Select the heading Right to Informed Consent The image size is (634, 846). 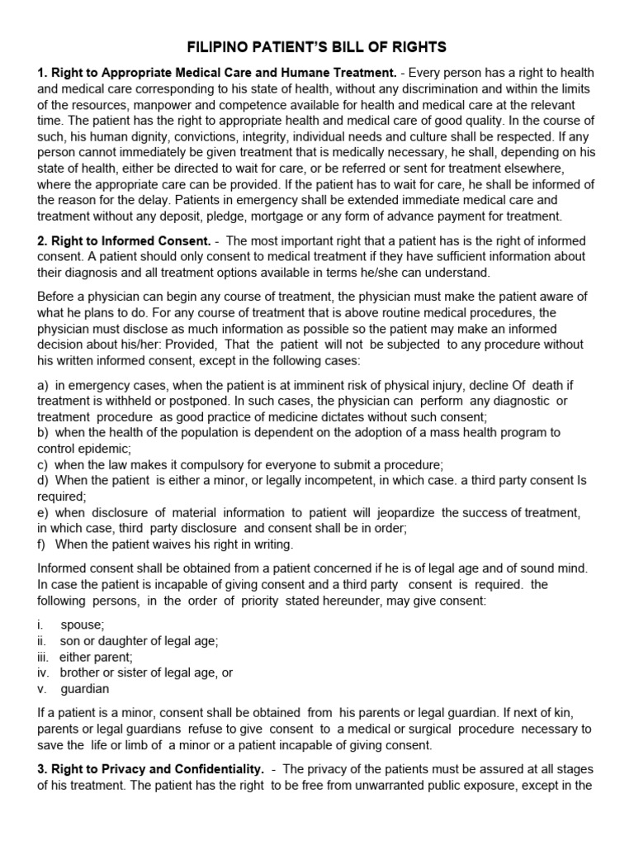point(124,240)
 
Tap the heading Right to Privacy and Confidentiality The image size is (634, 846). point(149,769)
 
